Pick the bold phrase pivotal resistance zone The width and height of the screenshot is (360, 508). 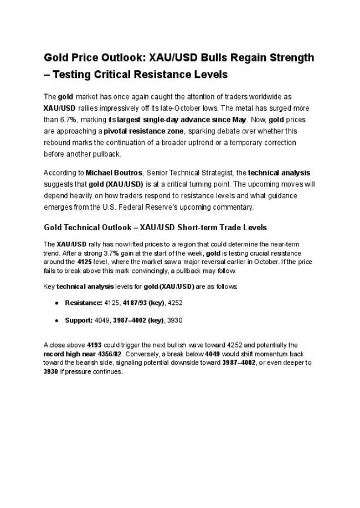pyautogui.click(x=145, y=131)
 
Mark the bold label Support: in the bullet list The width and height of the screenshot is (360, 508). pyautogui.click(x=79, y=320)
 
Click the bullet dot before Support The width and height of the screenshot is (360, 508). pyautogui.click(x=57, y=320)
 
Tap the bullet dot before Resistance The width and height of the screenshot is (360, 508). pyautogui.click(x=57, y=303)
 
